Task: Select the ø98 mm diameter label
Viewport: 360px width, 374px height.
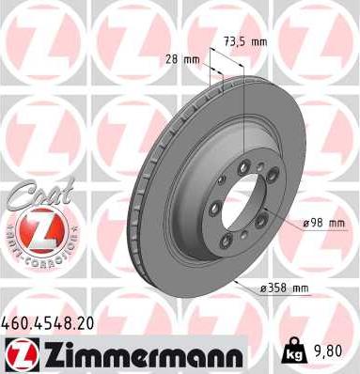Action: [323, 222]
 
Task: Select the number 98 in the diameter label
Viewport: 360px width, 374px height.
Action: [320, 222]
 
